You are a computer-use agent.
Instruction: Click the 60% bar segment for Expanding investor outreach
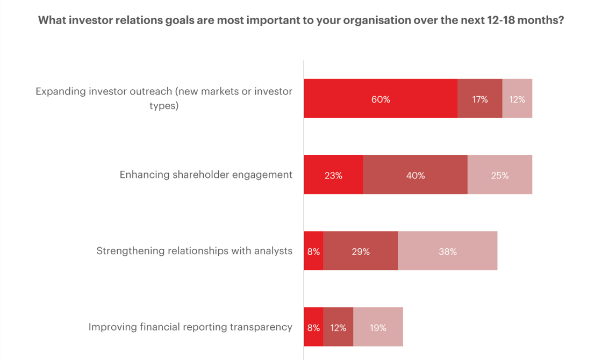(381, 99)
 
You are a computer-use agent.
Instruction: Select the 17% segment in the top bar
(480, 99)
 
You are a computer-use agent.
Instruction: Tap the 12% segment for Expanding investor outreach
(517, 99)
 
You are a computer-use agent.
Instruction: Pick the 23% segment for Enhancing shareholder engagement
(333, 175)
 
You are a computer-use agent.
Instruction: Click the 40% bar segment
(415, 175)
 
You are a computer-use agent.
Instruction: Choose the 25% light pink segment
(500, 175)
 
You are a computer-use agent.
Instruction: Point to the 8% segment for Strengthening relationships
(313, 251)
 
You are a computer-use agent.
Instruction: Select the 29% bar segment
(361, 251)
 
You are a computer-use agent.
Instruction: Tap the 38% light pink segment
(447, 251)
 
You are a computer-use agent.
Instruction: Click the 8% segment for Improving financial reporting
(313, 327)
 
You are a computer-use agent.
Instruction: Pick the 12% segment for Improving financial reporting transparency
(338, 327)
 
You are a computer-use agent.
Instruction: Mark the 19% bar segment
(378, 327)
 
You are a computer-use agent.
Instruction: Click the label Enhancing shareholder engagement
(206, 175)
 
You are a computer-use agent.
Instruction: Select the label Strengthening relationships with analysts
(194, 251)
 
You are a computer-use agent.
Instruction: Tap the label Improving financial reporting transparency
(190, 327)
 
